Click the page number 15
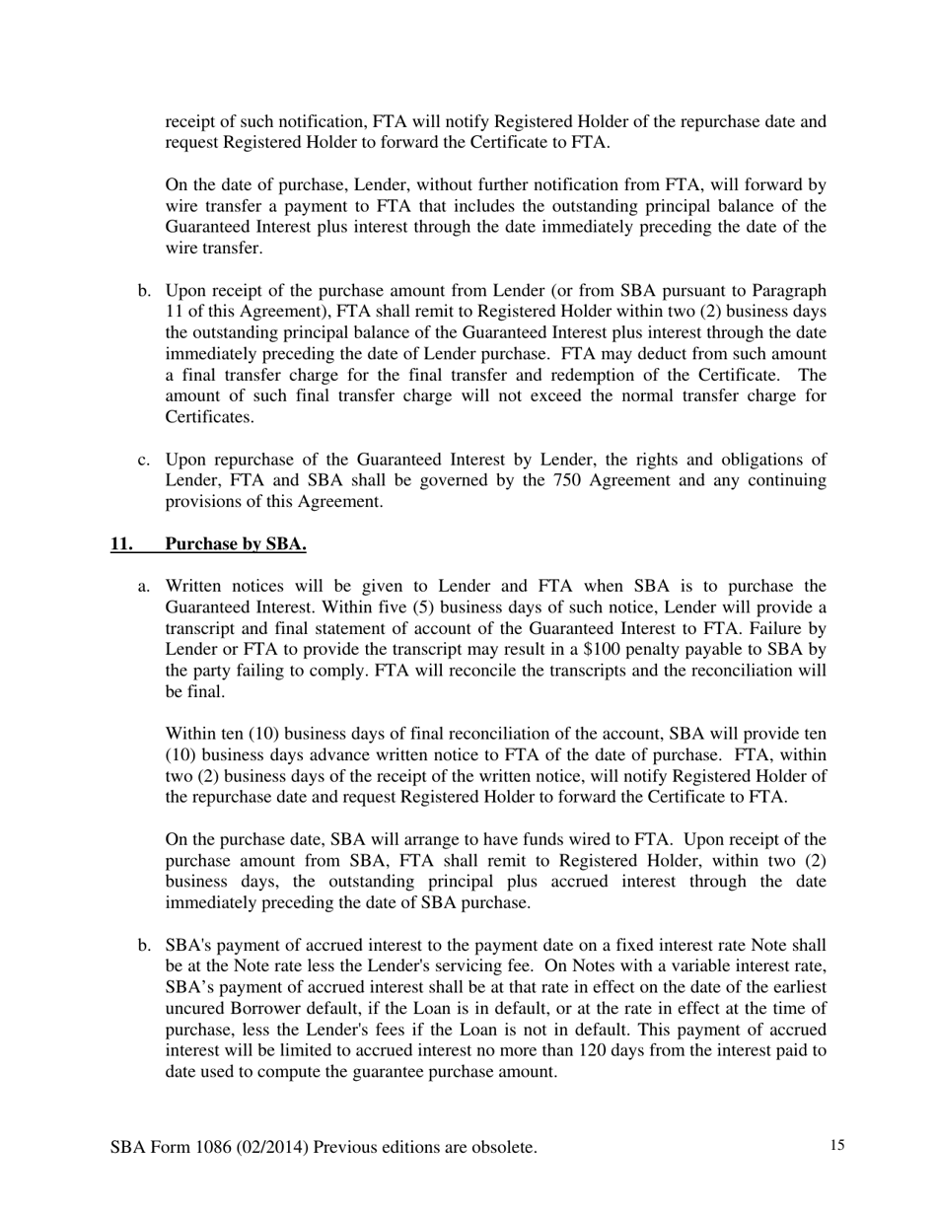[837, 1145]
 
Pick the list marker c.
[144, 460]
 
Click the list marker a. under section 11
[144, 586]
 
